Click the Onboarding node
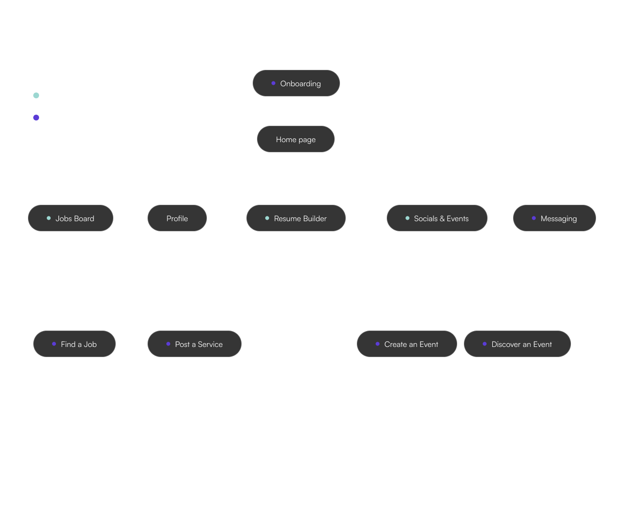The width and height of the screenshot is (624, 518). [296, 83]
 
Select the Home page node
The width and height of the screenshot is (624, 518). [296, 139]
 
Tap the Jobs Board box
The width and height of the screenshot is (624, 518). [70, 218]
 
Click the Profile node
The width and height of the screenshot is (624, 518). [177, 218]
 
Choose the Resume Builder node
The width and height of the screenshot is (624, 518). [296, 218]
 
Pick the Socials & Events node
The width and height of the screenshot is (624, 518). [437, 218]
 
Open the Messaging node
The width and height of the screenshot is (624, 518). [554, 218]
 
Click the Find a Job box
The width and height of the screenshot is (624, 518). [74, 344]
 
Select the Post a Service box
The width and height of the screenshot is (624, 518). [194, 344]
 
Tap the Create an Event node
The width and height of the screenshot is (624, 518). [407, 344]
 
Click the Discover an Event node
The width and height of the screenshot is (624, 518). [517, 344]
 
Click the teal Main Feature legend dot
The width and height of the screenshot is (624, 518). [36, 95]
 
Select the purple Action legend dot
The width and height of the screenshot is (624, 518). [36, 118]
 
